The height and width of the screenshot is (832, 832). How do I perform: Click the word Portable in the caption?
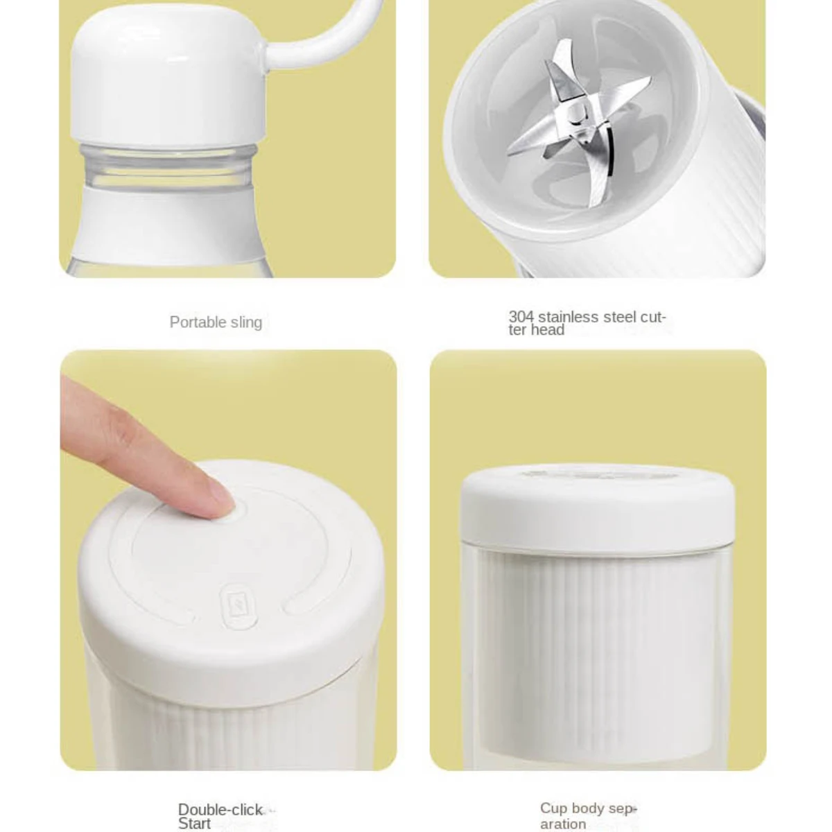(x=197, y=322)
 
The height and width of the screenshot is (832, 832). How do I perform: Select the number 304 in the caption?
(x=521, y=317)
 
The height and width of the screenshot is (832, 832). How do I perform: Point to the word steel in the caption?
(x=619, y=317)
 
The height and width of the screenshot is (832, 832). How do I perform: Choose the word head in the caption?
(x=548, y=330)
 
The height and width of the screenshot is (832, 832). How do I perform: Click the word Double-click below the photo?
(x=220, y=810)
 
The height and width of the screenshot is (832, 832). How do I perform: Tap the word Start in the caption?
(x=194, y=824)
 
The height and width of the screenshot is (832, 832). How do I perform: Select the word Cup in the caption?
(x=553, y=808)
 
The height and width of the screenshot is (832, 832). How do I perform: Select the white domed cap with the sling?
(x=166, y=76)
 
